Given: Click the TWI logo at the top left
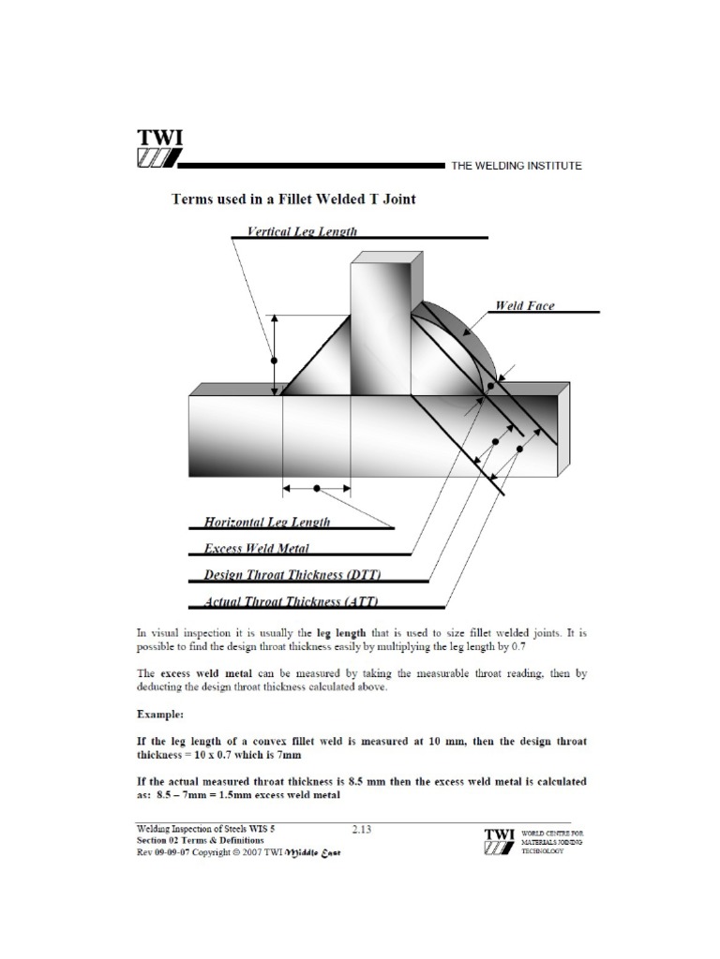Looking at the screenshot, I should tap(160, 150).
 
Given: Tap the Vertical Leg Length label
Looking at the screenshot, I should tap(301, 230).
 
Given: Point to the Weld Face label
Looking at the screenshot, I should tap(524, 305).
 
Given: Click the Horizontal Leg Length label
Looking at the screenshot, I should tap(266, 522).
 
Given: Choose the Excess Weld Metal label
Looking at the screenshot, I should tap(256, 548).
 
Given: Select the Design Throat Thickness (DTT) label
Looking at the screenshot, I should tap(292, 574).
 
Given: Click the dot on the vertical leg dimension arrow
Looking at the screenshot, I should tap(274, 359).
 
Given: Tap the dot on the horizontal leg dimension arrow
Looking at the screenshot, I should tap(317, 488).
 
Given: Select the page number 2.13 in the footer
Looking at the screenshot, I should tap(361, 829).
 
